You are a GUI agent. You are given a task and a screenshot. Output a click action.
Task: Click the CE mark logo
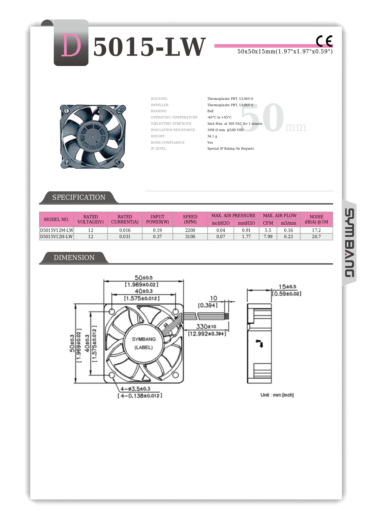click(324, 41)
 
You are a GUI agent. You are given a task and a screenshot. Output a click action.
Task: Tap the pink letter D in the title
click(71, 46)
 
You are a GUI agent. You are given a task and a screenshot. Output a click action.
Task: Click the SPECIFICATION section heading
click(79, 197)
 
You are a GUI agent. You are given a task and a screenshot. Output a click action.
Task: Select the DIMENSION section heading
click(74, 258)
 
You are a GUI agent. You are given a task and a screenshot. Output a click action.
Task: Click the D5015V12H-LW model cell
click(57, 237)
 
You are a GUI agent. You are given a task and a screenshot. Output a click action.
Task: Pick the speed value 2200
click(190, 230)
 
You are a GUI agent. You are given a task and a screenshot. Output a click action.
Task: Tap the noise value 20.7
click(316, 237)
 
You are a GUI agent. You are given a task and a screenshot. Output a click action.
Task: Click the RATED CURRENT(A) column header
click(125, 219)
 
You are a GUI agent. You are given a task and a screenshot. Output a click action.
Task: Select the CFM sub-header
click(268, 223)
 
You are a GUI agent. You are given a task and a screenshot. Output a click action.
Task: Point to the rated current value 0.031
click(125, 237)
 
